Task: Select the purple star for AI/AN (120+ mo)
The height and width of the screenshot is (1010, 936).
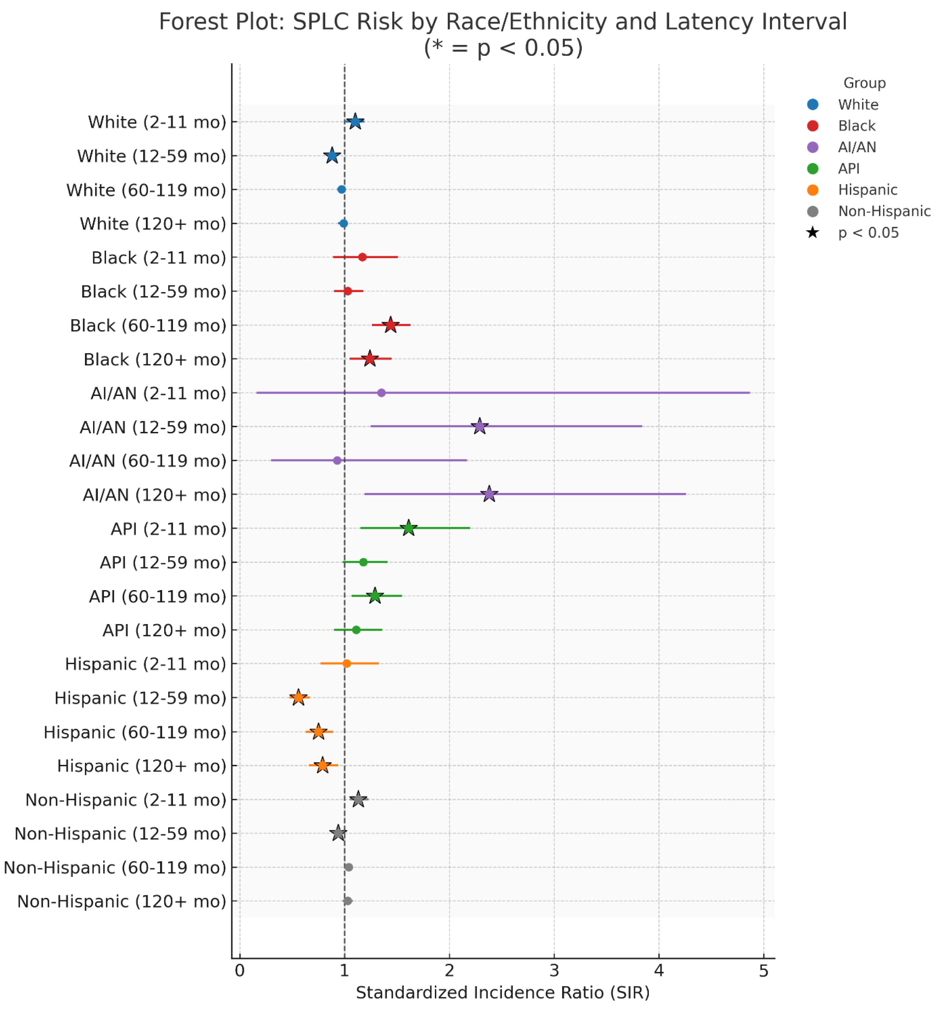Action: tap(489, 494)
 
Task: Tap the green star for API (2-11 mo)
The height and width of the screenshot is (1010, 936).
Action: tap(409, 528)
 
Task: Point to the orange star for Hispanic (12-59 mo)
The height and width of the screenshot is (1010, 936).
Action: tap(298, 698)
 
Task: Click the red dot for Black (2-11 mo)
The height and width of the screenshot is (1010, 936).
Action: tap(362, 257)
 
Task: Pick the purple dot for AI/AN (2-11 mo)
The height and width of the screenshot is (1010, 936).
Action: tap(381, 393)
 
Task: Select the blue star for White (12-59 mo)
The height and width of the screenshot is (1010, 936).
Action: tap(332, 155)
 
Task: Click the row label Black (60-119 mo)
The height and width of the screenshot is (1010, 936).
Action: tap(148, 326)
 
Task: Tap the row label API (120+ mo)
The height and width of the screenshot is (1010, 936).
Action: tap(164, 631)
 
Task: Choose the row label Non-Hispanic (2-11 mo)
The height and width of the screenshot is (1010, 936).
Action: tap(126, 800)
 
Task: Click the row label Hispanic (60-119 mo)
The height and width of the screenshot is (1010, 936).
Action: tap(135, 732)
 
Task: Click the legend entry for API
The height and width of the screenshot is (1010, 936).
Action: tap(849, 169)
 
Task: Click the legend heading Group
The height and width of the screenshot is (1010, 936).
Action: tap(864, 83)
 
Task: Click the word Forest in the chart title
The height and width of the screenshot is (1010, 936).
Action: tap(188, 22)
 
